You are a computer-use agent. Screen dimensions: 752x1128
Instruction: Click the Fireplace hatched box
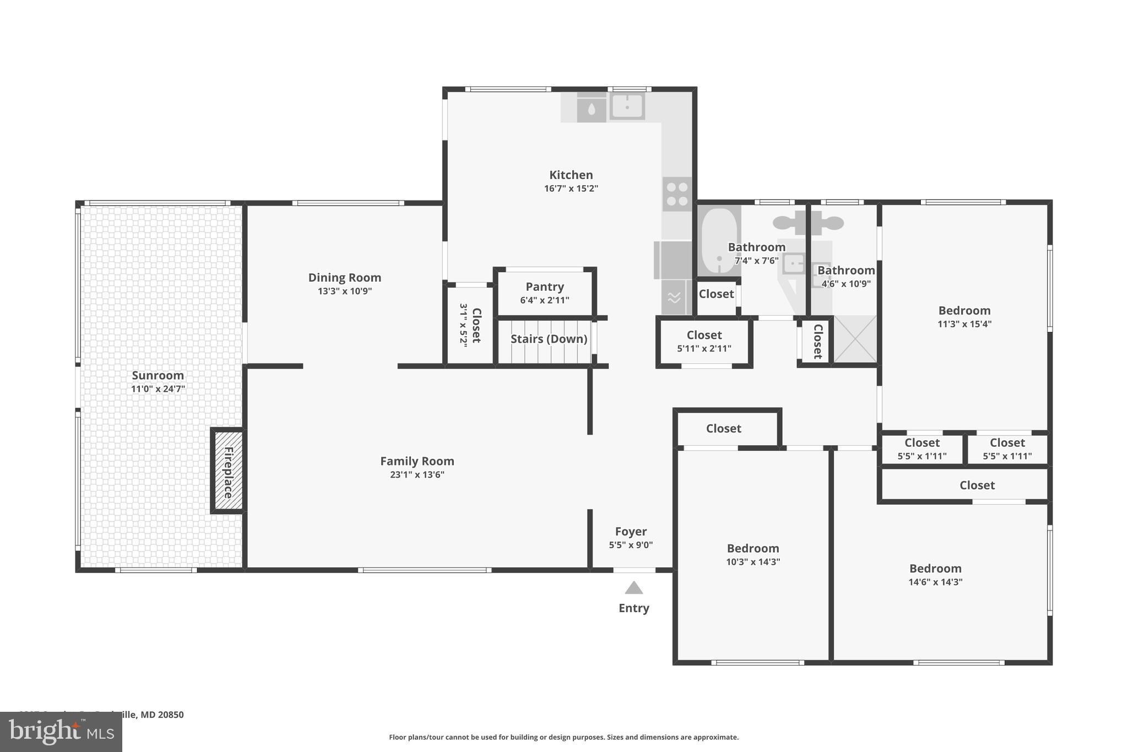tap(228, 471)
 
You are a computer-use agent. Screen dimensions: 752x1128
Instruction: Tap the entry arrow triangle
tap(633, 588)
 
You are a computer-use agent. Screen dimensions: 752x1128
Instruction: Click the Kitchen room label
tap(571, 175)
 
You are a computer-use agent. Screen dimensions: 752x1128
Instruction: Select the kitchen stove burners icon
tap(677, 194)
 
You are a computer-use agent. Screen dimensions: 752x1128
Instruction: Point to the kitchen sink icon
tap(627, 106)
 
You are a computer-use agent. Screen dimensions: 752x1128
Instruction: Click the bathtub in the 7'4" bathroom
tap(719, 241)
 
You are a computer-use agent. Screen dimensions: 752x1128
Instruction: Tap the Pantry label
tap(544, 286)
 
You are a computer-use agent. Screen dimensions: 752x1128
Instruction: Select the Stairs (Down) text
tap(549, 339)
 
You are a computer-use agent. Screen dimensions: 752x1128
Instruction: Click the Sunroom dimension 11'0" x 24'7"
tap(158, 389)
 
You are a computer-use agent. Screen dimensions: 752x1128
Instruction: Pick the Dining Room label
tap(344, 278)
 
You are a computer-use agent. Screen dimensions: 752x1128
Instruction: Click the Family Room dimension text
tap(417, 475)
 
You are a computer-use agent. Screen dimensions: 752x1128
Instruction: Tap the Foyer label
tap(631, 532)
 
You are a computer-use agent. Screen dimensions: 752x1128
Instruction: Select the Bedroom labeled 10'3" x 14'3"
tap(752, 549)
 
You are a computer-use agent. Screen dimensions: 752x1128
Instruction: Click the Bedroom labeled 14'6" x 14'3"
tap(935, 569)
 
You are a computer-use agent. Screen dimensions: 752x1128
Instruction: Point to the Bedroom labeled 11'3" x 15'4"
tap(964, 311)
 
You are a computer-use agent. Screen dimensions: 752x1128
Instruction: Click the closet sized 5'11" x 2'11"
tap(704, 341)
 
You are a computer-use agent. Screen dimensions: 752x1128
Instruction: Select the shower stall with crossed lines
tap(855, 339)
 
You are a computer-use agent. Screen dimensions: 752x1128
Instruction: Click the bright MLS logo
tap(61, 732)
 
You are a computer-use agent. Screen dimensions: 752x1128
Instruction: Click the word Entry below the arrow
tap(633, 608)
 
